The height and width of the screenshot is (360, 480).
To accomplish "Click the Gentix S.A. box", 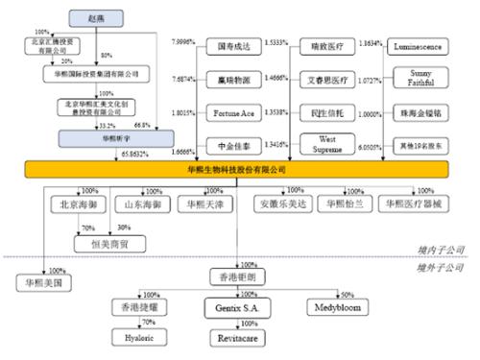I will coord(235,308).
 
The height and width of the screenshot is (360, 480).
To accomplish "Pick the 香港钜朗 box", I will coord(235,276).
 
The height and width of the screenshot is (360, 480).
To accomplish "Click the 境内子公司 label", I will coord(444,250).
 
